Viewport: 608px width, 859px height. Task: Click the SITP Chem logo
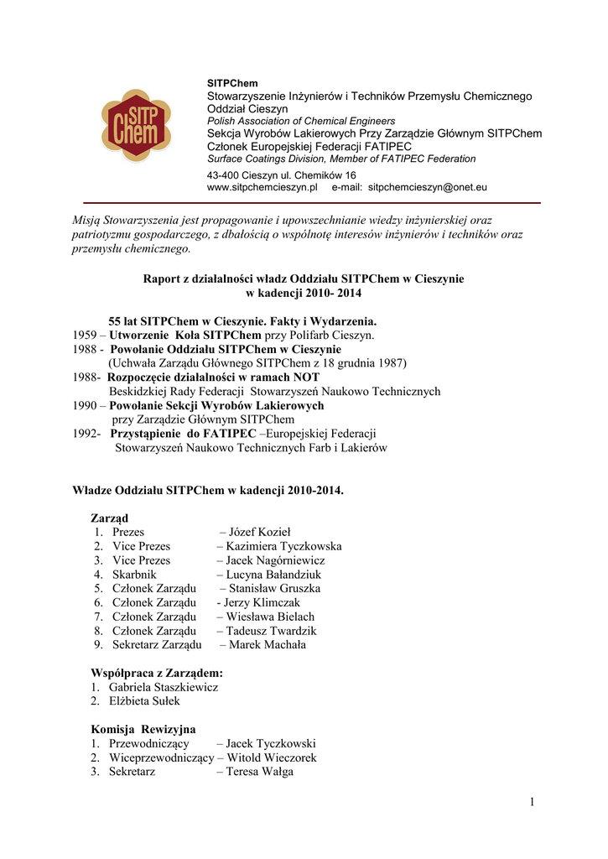click(x=136, y=127)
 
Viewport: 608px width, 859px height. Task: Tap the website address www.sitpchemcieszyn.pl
click(x=261, y=188)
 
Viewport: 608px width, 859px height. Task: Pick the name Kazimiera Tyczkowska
click(x=283, y=546)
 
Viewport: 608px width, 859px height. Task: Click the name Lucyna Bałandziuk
click(x=273, y=575)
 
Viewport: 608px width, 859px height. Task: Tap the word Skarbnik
click(x=135, y=575)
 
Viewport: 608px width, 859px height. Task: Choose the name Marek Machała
click(x=268, y=645)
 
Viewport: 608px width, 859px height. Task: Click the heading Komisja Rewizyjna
click(x=143, y=730)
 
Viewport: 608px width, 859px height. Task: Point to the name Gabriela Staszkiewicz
click(x=164, y=687)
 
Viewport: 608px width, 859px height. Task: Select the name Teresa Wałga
click(x=259, y=772)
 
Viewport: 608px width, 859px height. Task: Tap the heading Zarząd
click(x=109, y=518)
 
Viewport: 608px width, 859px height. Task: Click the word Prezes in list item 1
click(x=128, y=532)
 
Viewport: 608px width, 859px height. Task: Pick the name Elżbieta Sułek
click(x=144, y=700)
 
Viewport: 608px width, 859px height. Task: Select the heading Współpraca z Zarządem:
click(x=157, y=673)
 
